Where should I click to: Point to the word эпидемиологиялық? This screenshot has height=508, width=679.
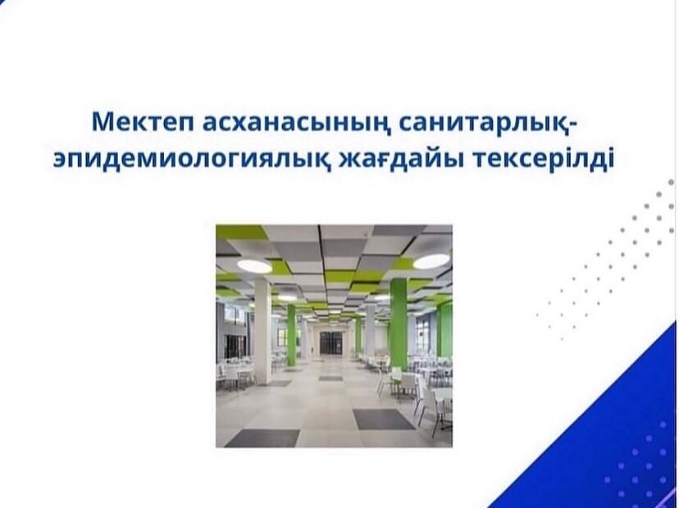coord(190,160)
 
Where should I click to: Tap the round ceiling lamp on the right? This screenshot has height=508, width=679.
coord(431,261)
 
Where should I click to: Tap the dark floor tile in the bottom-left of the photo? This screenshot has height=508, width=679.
coord(262,438)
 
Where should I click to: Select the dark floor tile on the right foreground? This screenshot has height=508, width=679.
coord(384,419)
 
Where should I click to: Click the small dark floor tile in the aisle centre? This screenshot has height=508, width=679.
coord(330,379)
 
